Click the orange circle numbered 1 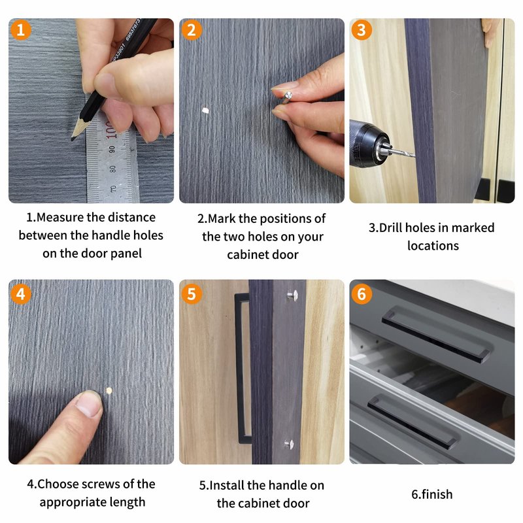tap(21, 30)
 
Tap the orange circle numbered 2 tap(192, 30)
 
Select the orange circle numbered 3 tap(362, 30)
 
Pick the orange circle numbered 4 tap(21, 294)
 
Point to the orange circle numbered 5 tap(192, 294)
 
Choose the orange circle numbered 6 tap(362, 294)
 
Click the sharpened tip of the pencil tap(72, 139)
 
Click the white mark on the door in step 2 tap(205, 110)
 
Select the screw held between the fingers tap(286, 97)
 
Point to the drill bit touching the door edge tap(403, 152)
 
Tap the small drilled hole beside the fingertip tap(109, 390)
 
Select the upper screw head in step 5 tap(292, 295)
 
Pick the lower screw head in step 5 tap(289, 444)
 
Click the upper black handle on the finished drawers tap(436, 334)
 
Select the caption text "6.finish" tap(432, 494)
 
